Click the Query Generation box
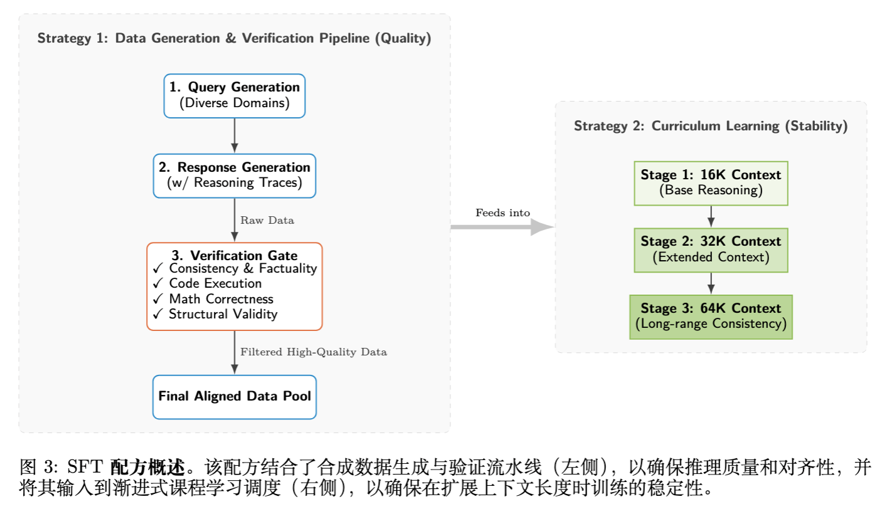coord(234,95)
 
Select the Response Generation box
coord(234,176)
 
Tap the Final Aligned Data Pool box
coord(234,396)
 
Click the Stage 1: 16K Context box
coord(711,182)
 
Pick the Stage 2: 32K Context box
coord(711,249)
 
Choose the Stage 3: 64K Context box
coord(711,317)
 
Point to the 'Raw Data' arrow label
coord(267,221)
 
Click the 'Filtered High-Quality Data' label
coord(314,352)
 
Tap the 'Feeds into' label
coord(502,213)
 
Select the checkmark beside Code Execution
coord(158,284)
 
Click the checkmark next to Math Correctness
coord(158,299)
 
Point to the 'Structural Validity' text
coord(223,314)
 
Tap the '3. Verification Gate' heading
coord(234,255)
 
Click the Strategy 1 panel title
coord(234,39)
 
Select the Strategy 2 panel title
coord(711,126)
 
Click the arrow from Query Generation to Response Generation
coord(234,135)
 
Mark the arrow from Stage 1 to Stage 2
coord(711,216)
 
